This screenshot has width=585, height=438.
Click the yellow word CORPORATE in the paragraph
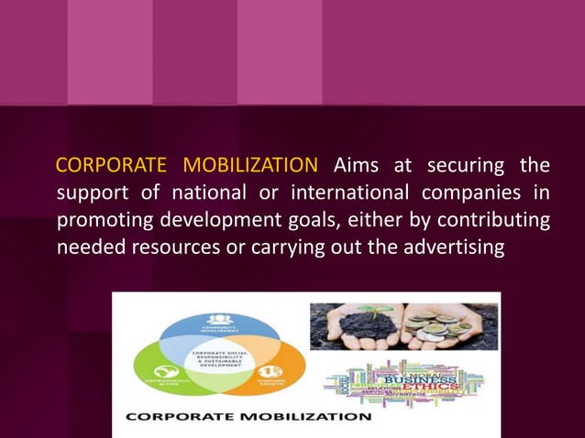point(110,166)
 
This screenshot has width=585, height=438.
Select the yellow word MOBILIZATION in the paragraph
point(250,166)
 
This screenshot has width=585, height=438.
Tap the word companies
point(477,193)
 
